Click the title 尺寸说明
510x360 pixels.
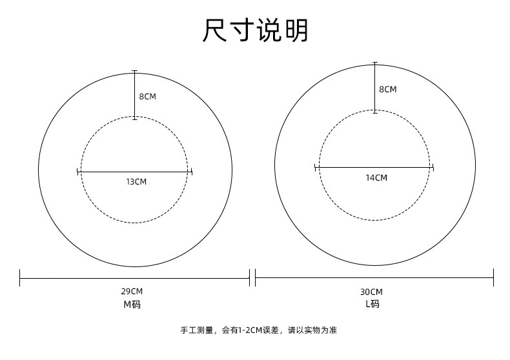point(256,31)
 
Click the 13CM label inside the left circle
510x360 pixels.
point(136,182)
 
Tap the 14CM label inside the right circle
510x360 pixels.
point(376,177)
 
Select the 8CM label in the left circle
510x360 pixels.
point(147,97)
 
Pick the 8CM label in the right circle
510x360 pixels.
point(387,90)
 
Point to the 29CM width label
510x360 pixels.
point(132,292)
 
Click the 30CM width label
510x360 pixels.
point(371,292)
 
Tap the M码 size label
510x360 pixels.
point(132,305)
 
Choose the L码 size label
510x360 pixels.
point(372,305)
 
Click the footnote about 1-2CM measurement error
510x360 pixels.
point(258,330)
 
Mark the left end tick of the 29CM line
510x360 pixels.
point(20,278)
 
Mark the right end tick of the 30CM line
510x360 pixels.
point(493,278)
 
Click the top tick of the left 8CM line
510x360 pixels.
point(134,71)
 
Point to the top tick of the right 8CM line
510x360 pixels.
point(375,63)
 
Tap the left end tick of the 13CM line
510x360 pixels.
point(78,172)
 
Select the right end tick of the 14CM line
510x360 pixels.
point(433,168)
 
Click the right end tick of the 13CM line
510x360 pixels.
point(192,172)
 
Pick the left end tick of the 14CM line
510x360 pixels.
point(315,168)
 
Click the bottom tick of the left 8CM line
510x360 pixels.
point(134,119)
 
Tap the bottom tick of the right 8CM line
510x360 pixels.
point(375,112)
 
